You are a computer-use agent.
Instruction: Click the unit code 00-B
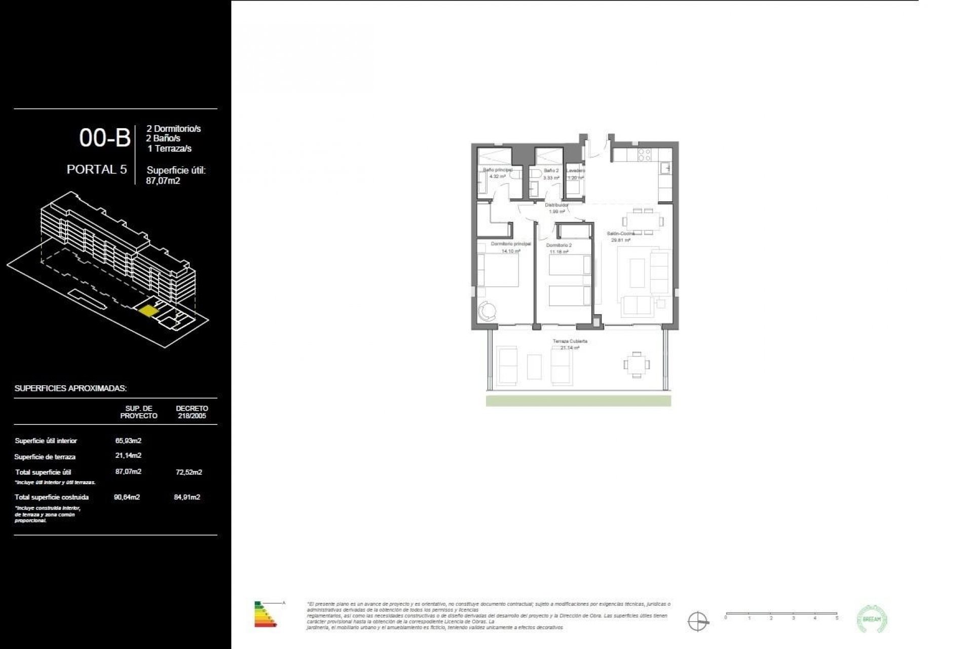(x=105, y=138)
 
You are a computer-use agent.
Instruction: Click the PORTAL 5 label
(x=97, y=169)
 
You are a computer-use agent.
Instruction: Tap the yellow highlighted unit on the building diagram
(x=147, y=310)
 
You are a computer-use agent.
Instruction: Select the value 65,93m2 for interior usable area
(x=128, y=441)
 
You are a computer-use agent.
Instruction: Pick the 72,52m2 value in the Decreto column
(x=188, y=472)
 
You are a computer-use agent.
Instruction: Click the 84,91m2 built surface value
(x=187, y=497)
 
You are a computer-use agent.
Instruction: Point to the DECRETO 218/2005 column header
(x=192, y=412)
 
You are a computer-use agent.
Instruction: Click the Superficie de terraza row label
(x=45, y=457)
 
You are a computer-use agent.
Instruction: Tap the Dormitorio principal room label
(x=510, y=244)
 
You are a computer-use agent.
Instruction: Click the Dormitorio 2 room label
(x=558, y=245)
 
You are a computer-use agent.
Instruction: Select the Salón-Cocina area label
(x=621, y=234)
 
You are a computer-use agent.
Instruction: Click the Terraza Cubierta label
(x=570, y=341)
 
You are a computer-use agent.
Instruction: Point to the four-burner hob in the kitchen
(x=644, y=155)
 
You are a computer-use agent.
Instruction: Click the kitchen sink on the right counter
(x=667, y=168)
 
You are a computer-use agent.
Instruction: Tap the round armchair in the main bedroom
(x=487, y=310)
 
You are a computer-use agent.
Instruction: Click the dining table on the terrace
(x=635, y=364)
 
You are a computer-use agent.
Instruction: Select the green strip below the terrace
(x=578, y=401)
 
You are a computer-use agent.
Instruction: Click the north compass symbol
(x=697, y=621)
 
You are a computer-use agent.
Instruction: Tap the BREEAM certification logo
(x=872, y=619)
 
